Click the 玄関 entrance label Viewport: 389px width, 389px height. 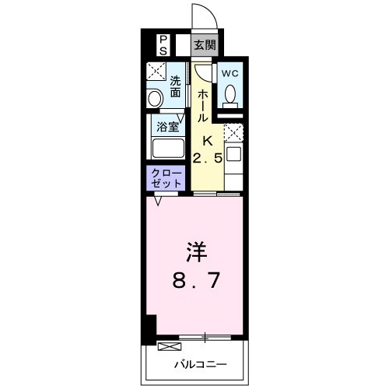(205, 45)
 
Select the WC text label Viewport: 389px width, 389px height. (230, 72)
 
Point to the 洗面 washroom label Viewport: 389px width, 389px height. (176, 86)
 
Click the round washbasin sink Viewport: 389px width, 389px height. (153, 98)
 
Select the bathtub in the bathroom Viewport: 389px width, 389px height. (167, 148)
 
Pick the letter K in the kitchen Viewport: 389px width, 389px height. (207, 141)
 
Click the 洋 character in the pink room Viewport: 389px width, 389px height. (194, 254)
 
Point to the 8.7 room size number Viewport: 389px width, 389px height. (194, 279)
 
